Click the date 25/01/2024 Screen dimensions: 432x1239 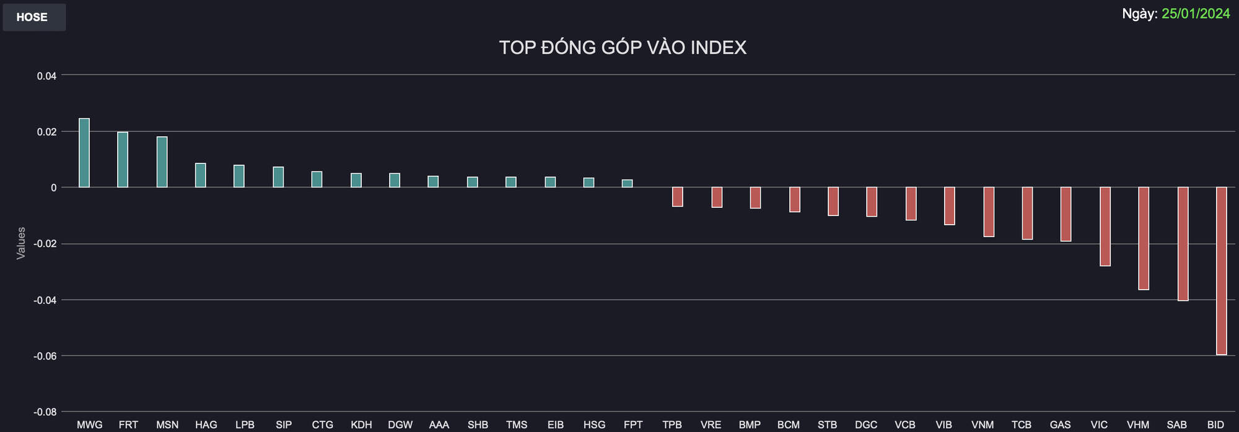pyautogui.click(x=1195, y=14)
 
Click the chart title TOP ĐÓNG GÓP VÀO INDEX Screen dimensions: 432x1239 pyautogui.click(x=623, y=48)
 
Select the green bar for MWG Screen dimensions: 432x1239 pyautogui.click(x=84, y=153)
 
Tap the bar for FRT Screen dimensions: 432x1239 pyautogui.click(x=123, y=160)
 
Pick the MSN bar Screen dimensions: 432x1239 pyautogui.click(x=162, y=162)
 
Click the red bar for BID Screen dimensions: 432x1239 pyautogui.click(x=1221, y=270)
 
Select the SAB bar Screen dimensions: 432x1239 pyautogui.click(x=1183, y=244)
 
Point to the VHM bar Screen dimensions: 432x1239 pyautogui.click(x=1144, y=238)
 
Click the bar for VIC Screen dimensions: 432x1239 pyautogui.click(x=1105, y=227)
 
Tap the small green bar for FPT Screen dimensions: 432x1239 pyautogui.click(x=627, y=184)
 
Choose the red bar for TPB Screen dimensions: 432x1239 pyautogui.click(x=678, y=197)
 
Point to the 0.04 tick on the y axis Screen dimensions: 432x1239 pyautogui.click(x=46, y=76)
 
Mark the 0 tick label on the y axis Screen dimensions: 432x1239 pyautogui.click(x=53, y=188)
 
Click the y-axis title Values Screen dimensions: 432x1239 pyautogui.click(x=21, y=243)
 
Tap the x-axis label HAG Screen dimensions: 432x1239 pyautogui.click(x=206, y=425)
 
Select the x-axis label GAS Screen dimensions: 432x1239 pyautogui.click(x=1060, y=425)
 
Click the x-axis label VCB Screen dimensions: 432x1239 pyautogui.click(x=905, y=425)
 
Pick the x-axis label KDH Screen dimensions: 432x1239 pyautogui.click(x=361, y=425)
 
